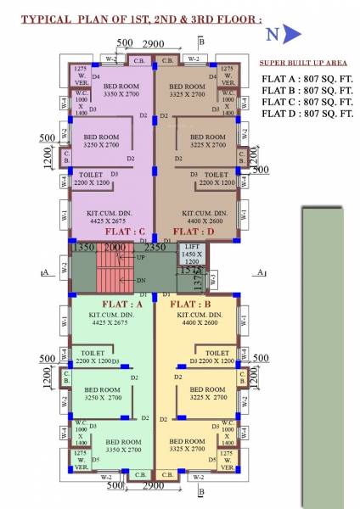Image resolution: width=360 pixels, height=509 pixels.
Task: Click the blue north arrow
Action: click(291, 34)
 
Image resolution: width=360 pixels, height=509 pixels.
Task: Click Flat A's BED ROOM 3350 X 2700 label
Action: click(124, 446)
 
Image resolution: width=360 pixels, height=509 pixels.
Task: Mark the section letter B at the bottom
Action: click(201, 491)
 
